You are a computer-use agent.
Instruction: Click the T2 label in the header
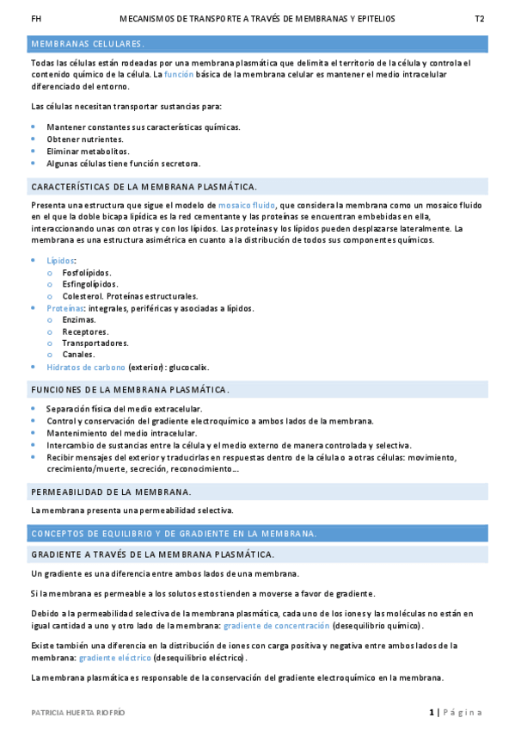tap(480, 18)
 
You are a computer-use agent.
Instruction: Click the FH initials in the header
tap(35, 18)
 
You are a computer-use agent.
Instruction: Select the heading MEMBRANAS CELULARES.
tap(88, 43)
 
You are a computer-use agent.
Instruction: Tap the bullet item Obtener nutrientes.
tap(85, 139)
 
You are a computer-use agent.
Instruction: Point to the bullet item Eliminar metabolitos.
tap(89, 151)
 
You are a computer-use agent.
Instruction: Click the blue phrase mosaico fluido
tap(247, 206)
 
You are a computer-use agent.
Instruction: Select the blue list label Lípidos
tap(61, 260)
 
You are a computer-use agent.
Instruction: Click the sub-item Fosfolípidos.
tap(87, 272)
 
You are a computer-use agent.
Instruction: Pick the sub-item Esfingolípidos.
tap(90, 284)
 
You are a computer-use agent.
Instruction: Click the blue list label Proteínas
tap(65, 307)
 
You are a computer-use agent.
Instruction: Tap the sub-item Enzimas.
tap(79, 319)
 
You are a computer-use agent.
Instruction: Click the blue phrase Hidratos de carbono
tap(86, 367)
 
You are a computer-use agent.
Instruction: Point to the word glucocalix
tap(188, 367)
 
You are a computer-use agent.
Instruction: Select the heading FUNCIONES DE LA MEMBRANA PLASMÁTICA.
tap(130, 390)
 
